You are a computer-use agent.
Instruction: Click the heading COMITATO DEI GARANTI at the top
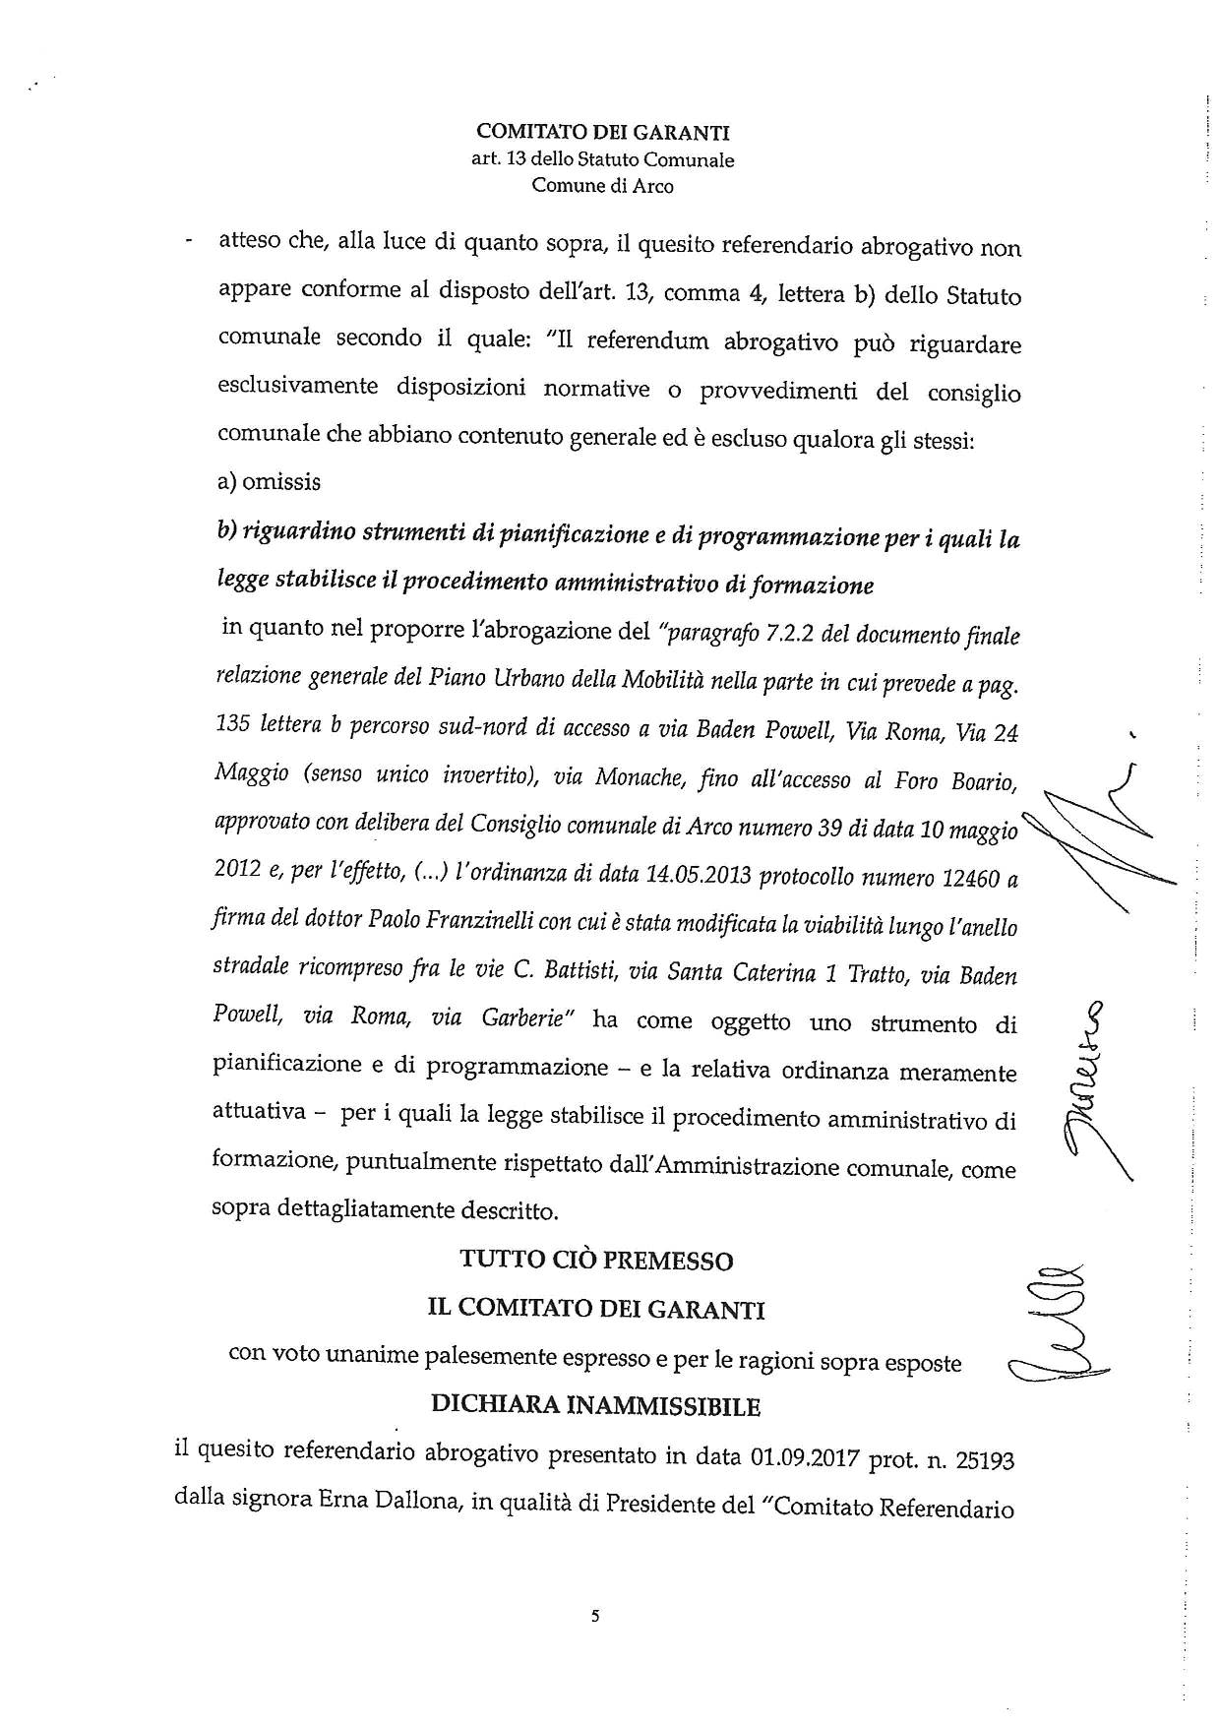[x=603, y=132]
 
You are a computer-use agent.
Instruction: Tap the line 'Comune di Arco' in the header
[x=603, y=185]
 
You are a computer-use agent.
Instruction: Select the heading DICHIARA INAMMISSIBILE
[x=596, y=1406]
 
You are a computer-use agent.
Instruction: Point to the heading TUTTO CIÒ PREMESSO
[x=596, y=1261]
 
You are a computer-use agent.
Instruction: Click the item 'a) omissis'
[x=269, y=482]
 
